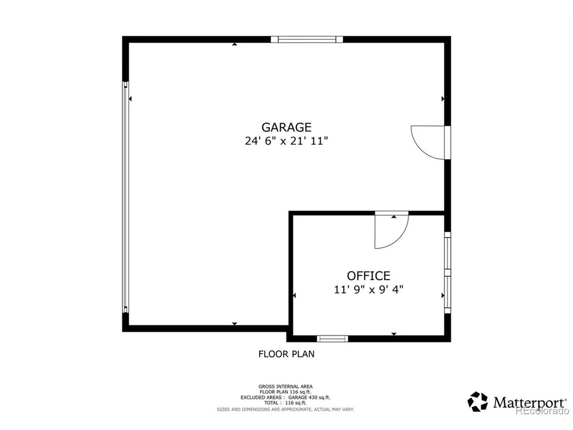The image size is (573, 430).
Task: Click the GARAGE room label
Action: tap(286, 127)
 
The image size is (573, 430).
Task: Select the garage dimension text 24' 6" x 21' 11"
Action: tap(286, 141)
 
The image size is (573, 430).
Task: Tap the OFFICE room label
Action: tap(368, 276)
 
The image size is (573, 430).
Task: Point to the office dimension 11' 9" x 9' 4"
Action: tap(368, 290)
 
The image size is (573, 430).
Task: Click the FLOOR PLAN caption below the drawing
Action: tap(286, 354)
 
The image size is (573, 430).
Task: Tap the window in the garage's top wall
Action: tap(307, 39)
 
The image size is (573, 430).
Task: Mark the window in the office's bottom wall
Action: tap(332, 338)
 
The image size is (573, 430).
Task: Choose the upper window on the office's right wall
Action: tap(447, 254)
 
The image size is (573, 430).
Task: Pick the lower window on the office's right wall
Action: tap(447, 295)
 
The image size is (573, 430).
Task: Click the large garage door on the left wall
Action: tap(125, 197)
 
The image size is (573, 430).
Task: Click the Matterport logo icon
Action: tap(478, 402)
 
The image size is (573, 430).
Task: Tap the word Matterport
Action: tap(529, 403)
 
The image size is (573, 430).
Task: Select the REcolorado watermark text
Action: tap(542, 411)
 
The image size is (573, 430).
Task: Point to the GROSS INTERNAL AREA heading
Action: tap(285, 387)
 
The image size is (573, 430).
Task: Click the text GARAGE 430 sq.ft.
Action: tap(309, 397)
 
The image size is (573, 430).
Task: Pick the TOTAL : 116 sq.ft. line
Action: tap(285, 403)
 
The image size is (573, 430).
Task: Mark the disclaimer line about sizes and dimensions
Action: tap(285, 409)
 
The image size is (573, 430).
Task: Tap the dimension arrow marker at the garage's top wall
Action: tap(235, 45)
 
